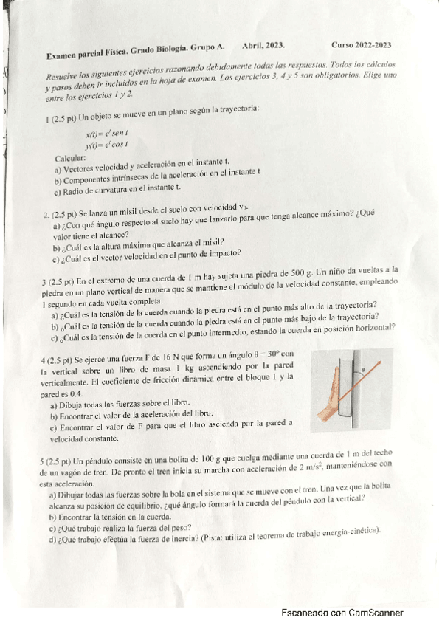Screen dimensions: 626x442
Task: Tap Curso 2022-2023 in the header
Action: [362, 44]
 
